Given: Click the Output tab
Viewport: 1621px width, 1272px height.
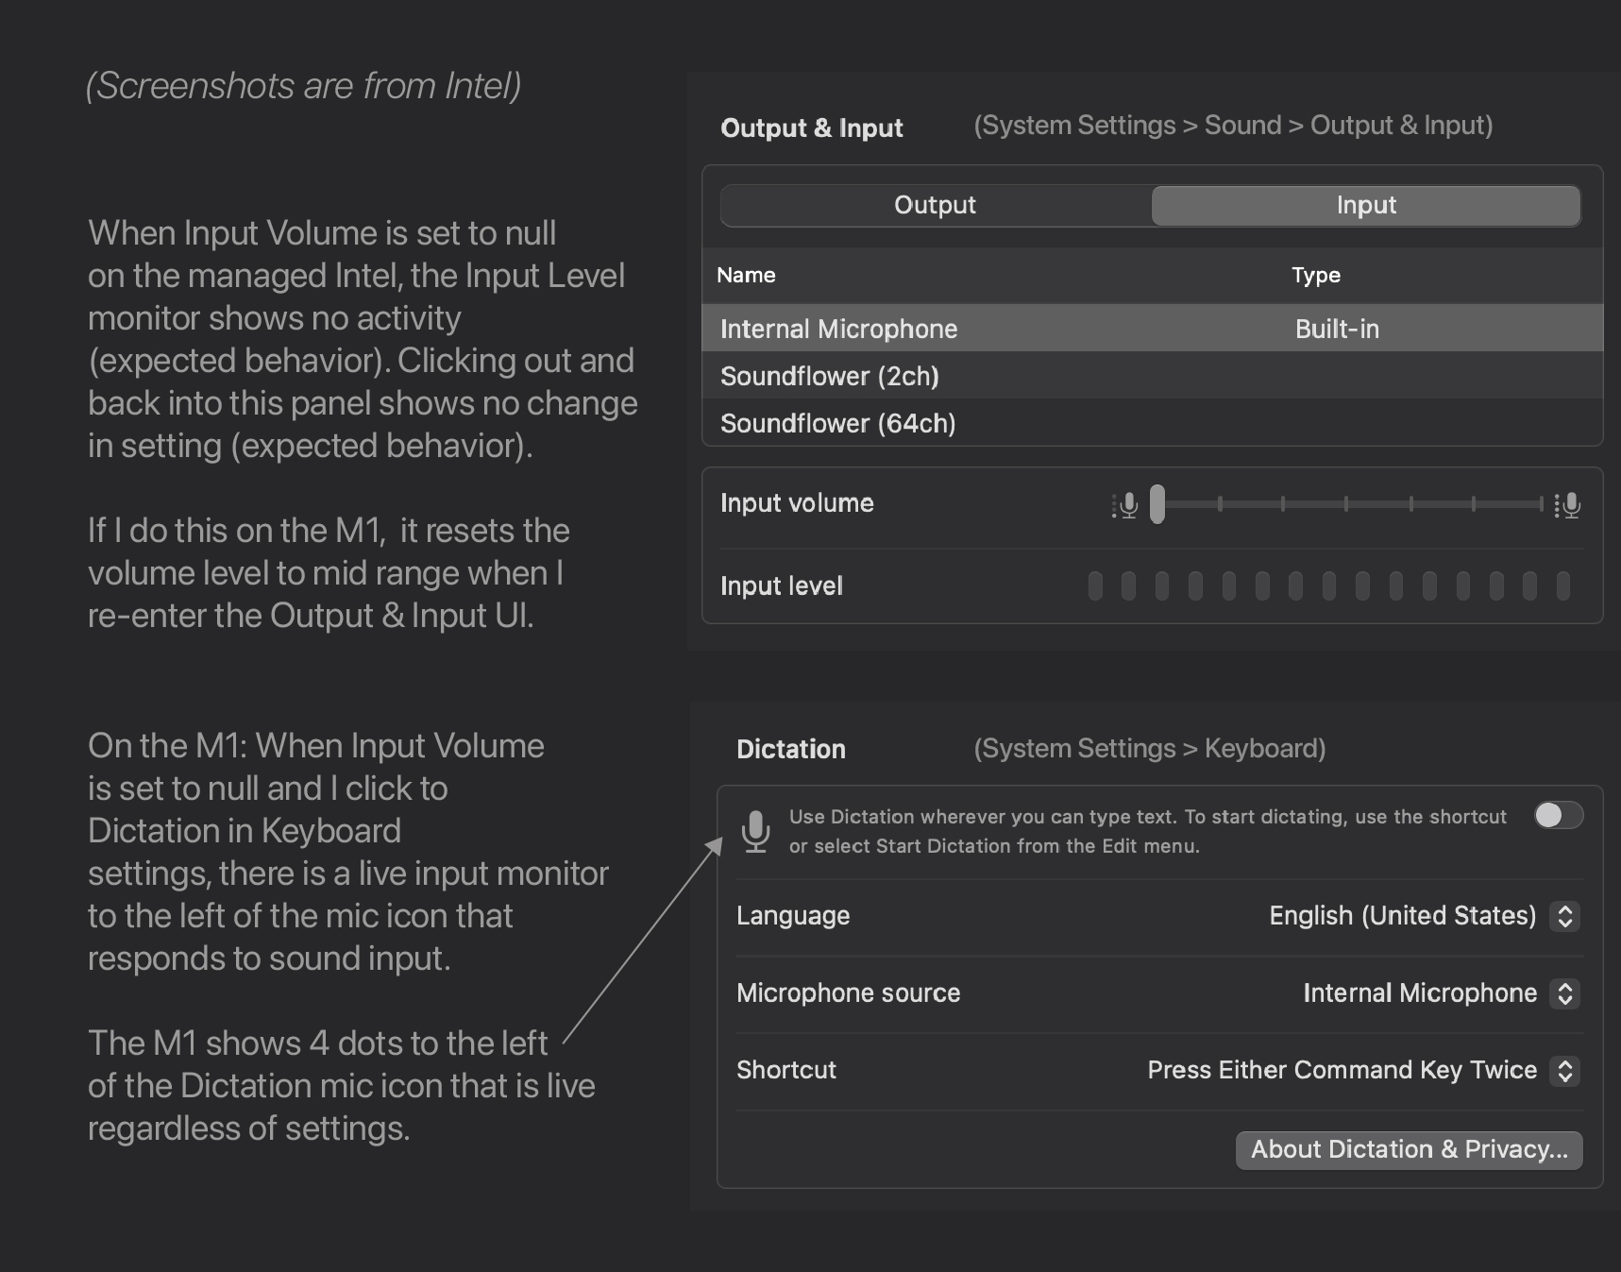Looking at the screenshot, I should [935, 206].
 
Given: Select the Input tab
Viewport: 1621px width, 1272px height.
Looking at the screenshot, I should [1365, 206].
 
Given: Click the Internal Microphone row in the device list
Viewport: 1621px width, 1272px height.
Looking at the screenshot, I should [838, 329].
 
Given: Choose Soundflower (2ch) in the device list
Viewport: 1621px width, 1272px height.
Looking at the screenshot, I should [829, 376].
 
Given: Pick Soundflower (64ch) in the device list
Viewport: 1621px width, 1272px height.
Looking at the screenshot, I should [837, 423].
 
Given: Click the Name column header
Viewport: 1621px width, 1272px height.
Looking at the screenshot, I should [746, 276].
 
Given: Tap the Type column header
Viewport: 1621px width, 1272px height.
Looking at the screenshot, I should [1315, 276].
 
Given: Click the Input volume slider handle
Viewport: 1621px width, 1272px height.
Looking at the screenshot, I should [1157, 504].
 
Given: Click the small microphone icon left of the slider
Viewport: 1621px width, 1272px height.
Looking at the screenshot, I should [1125, 505].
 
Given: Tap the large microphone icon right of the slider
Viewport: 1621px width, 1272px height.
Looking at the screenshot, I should [1568, 505].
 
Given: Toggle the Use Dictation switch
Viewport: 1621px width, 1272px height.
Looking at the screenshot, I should [1558, 815].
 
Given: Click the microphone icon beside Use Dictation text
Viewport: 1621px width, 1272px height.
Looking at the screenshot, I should [755, 831].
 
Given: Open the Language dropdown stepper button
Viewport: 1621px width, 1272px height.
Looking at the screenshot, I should [1564, 916].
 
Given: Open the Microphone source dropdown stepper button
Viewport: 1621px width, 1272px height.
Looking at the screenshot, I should [1564, 993].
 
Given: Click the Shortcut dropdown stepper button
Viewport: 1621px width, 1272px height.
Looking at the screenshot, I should [1564, 1071].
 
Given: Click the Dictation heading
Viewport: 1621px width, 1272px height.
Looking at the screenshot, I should [790, 750].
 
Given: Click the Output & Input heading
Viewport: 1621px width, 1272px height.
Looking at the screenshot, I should [811, 128].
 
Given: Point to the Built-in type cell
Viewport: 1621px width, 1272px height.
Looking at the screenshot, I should [1337, 329].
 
